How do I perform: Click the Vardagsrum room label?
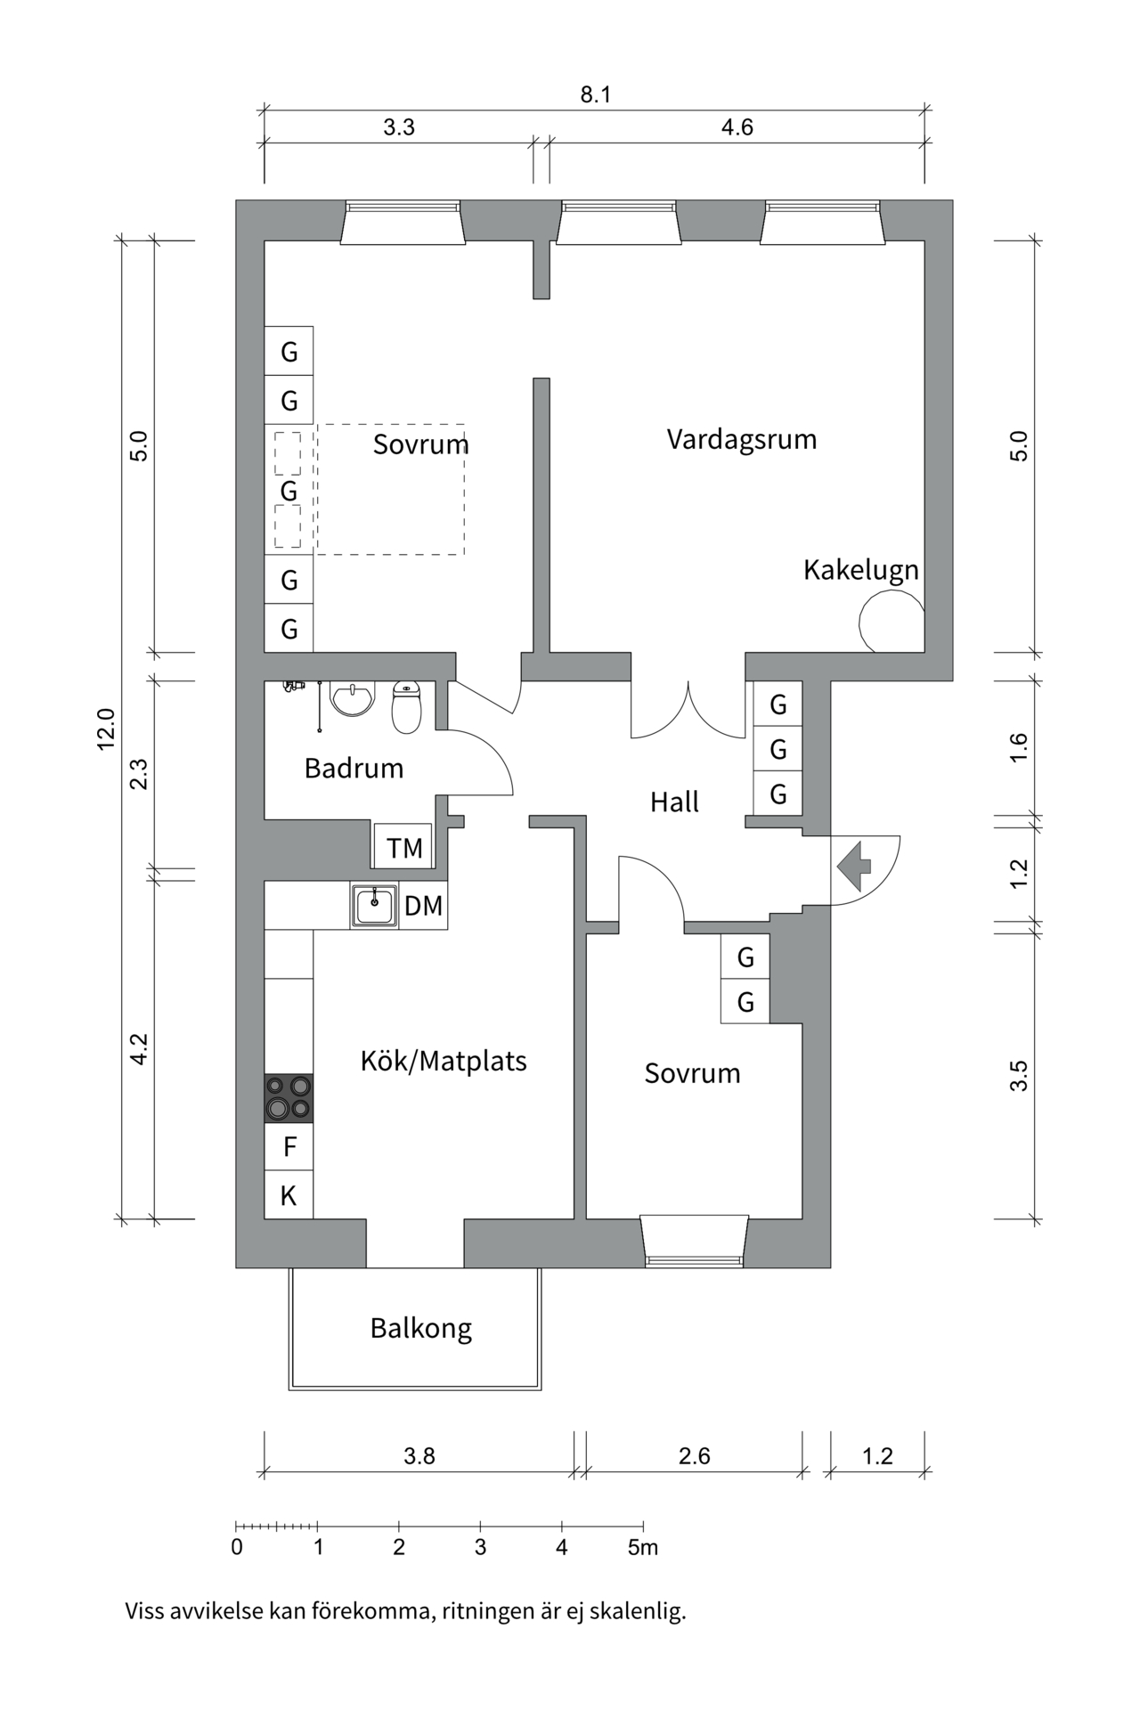pos(741,439)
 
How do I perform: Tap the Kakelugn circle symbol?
pos(892,622)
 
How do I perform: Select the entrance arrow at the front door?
pos(854,866)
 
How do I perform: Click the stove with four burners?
pos(289,1097)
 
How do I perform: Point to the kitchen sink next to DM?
pos(374,907)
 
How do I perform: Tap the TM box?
pos(403,848)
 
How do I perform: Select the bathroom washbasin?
pos(354,698)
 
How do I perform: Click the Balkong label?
pos(420,1328)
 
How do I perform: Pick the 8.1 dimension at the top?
pos(596,94)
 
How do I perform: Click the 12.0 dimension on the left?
pos(106,729)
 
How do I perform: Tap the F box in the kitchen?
pos(289,1147)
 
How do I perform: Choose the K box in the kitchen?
pos(289,1195)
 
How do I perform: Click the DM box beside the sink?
pos(423,907)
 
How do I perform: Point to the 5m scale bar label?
pos(642,1547)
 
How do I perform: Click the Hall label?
pos(674,802)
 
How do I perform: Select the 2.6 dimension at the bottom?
pos(694,1456)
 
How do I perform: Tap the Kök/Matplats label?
pos(444,1061)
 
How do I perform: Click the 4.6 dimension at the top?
pos(737,127)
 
